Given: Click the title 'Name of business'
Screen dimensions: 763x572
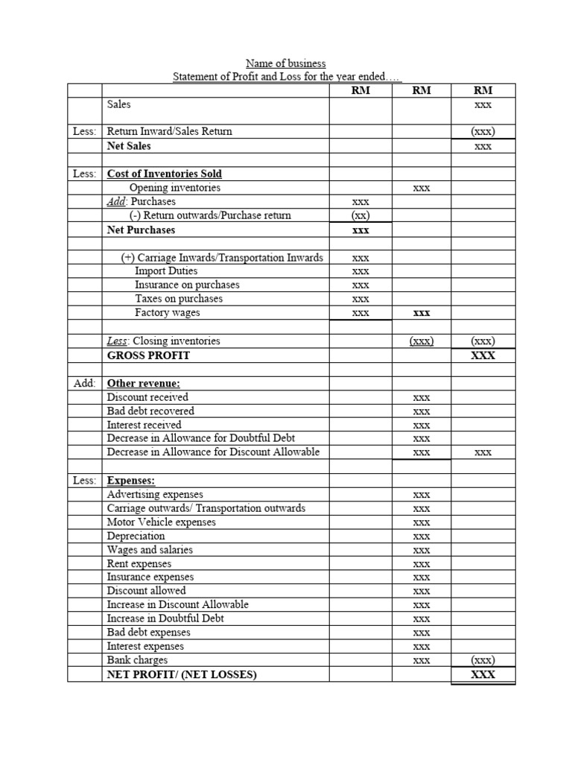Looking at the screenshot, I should [286, 63].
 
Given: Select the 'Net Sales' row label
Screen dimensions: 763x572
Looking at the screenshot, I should [129, 146].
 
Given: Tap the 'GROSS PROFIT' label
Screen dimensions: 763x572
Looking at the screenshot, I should [148, 355].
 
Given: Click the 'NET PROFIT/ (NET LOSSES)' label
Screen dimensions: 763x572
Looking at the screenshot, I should [181, 674].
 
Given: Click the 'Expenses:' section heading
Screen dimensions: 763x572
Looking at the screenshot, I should [130, 481].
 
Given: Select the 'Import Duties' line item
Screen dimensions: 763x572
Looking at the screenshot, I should [166, 271].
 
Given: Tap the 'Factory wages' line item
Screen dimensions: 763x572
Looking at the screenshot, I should [168, 312].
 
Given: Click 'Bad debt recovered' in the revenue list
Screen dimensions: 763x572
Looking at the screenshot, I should [150, 411].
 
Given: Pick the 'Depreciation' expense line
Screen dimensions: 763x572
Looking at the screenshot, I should [136, 536].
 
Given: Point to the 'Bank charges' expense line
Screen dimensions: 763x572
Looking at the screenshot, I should [137, 659].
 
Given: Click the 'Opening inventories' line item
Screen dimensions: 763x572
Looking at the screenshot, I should [175, 188].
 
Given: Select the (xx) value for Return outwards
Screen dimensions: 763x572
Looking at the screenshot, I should [360, 215].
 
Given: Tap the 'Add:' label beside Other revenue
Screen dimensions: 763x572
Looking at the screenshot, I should [84, 384].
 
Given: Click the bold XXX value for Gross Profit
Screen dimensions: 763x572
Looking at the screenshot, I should [483, 355].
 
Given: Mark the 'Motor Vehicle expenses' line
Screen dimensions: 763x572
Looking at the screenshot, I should [161, 522].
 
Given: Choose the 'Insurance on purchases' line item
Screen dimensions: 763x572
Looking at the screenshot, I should [187, 285].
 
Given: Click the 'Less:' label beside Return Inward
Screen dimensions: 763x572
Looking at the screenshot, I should [84, 131].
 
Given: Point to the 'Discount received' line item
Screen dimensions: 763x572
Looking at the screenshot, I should [147, 397].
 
